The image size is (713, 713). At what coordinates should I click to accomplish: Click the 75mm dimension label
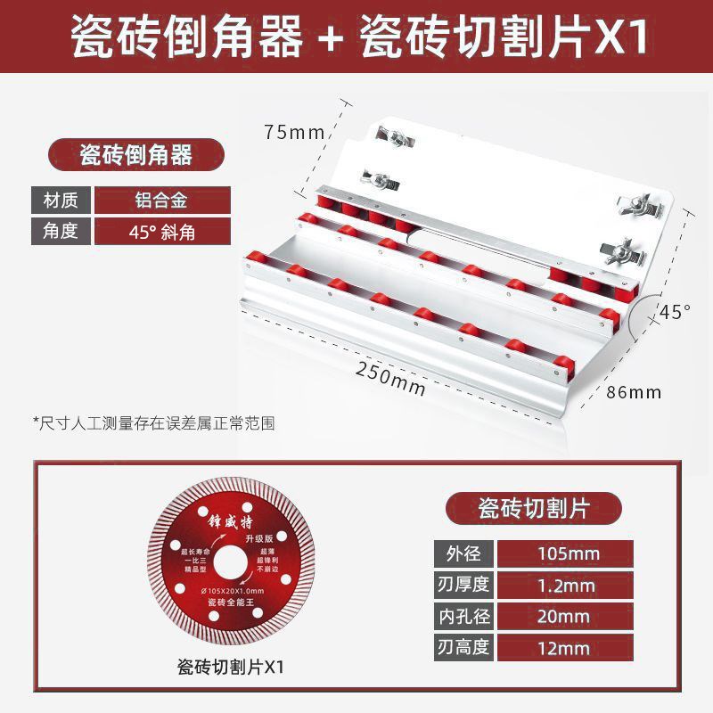[294, 133]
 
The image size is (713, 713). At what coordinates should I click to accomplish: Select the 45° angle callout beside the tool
[675, 312]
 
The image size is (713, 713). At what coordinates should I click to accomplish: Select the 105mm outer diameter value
[568, 553]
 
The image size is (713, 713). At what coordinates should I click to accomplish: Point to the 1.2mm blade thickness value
[568, 585]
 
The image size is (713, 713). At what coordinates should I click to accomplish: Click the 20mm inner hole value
[568, 616]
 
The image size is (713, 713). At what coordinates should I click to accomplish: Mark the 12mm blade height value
[568, 647]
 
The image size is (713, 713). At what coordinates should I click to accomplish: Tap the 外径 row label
[463, 553]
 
